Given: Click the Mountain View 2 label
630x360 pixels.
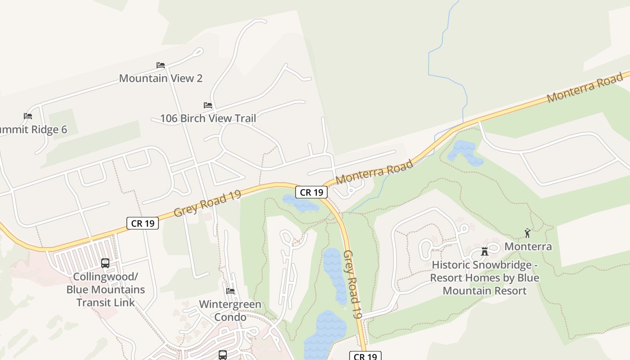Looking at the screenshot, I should coord(161,78).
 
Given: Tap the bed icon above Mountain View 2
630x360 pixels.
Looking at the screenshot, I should coord(161,65).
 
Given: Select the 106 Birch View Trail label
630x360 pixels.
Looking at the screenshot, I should coord(208,118).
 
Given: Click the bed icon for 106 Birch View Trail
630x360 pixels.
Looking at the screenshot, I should coord(208,105).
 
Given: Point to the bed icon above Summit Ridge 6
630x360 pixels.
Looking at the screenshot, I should coord(28,116).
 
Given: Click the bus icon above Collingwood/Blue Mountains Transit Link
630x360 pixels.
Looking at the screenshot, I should coord(105,263).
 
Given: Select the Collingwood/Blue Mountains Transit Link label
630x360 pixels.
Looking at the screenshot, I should coord(106,289).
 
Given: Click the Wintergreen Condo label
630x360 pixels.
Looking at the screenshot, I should coord(230,310).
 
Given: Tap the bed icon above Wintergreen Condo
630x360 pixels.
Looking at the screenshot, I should coord(230,291).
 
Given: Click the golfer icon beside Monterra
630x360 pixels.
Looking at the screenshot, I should coord(527,233).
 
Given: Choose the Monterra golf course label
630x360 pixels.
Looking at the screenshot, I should coord(528,247).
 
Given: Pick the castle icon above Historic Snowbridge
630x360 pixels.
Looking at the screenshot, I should coord(485,252).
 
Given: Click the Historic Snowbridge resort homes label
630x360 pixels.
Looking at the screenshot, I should coord(485,278).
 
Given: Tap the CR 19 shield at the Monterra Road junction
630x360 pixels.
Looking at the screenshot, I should coord(311,192).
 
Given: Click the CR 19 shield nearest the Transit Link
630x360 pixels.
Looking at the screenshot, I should coord(143,223).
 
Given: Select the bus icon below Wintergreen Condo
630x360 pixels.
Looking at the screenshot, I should coord(223,355).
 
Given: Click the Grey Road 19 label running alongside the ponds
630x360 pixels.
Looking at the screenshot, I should coord(353,284).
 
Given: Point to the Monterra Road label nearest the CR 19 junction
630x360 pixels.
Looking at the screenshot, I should coord(374,172).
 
